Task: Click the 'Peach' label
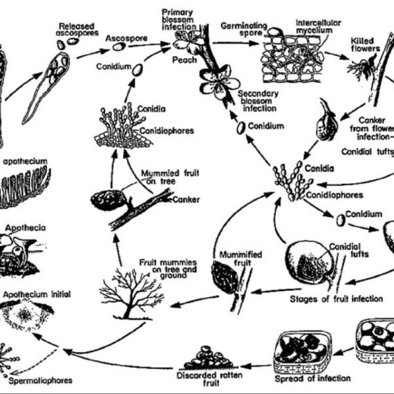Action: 185,60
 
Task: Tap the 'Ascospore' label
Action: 126,39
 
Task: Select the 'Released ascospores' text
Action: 77,30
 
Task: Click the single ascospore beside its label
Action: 119,46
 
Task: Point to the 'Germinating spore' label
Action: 243,29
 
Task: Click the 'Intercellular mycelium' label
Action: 318,26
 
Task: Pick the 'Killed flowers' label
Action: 366,44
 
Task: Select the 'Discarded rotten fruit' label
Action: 209,379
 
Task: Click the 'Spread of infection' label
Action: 312,378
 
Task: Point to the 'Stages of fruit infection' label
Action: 336,299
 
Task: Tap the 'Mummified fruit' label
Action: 241,259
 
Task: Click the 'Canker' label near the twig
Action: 186,200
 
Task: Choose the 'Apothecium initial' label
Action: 37,294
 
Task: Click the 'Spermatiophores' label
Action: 41,380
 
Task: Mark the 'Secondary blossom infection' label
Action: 258,101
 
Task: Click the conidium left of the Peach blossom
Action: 138,70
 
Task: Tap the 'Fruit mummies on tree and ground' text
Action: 168,269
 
